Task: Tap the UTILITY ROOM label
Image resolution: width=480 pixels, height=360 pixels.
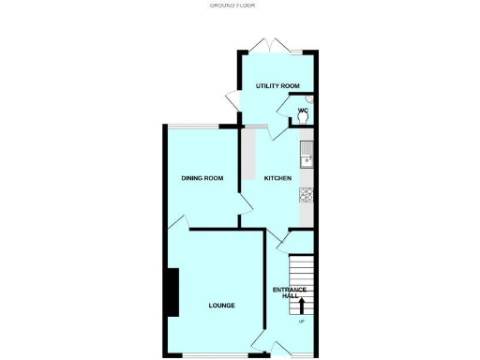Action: [277, 85]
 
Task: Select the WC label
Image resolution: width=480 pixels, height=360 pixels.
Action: [303, 111]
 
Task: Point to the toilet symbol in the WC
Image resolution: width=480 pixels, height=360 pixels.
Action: [308, 104]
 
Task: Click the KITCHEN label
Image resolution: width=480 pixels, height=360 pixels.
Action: [277, 178]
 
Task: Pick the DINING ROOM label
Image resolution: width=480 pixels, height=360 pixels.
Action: [202, 178]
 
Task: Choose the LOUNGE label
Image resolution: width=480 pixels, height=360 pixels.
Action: [221, 306]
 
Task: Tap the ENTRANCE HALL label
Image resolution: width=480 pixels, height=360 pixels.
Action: [286, 292]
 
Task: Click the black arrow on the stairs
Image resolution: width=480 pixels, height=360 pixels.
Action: [302, 306]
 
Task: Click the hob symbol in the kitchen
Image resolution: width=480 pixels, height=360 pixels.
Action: [306, 194]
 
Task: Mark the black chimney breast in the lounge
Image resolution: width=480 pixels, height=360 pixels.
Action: [172, 292]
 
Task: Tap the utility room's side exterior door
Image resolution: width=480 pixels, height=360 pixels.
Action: [233, 97]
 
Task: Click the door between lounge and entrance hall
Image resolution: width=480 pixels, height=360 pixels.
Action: [260, 342]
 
